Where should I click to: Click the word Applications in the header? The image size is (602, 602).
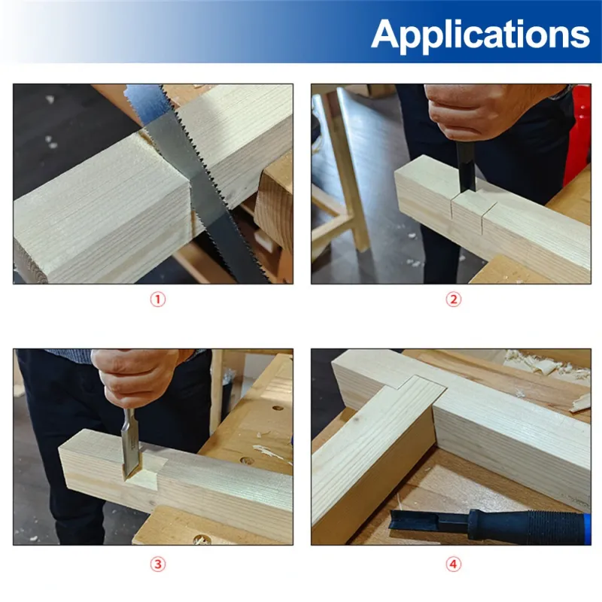480,35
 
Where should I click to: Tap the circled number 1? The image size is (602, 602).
157,299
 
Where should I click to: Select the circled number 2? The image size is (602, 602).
454,299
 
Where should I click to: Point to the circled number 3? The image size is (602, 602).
157,564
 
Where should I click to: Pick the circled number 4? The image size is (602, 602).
454,564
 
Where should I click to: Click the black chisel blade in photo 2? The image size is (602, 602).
466,165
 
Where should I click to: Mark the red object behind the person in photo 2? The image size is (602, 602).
578,135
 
